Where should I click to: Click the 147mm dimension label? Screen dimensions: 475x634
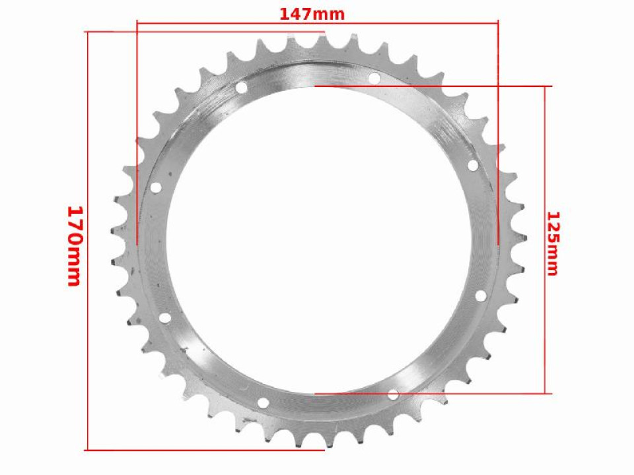(x=312, y=14)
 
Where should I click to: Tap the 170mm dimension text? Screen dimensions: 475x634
(x=74, y=245)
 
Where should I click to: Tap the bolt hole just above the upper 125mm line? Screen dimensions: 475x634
(x=374, y=79)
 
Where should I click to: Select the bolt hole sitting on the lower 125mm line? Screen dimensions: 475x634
(x=393, y=395)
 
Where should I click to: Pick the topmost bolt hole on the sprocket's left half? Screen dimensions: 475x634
(x=241, y=87)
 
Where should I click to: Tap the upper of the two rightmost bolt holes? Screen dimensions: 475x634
(x=473, y=166)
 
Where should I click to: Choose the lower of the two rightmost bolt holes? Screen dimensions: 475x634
(x=480, y=295)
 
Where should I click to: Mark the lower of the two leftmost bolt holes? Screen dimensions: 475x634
(x=164, y=319)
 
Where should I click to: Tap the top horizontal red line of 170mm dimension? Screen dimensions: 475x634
(x=112, y=31)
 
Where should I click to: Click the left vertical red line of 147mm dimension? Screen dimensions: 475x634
(x=137, y=132)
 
